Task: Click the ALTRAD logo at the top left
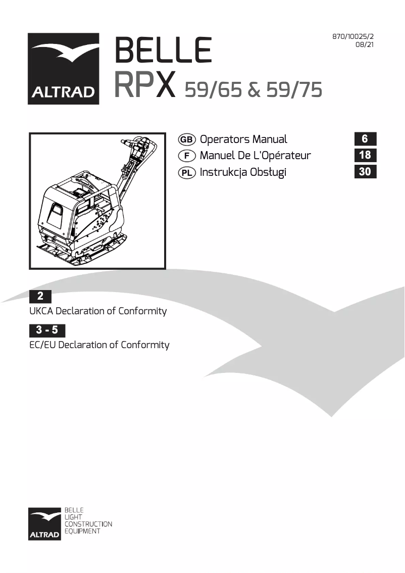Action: [63, 69]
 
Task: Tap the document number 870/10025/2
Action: [353, 37]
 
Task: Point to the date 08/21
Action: [365, 44]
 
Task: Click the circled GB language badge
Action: [187, 139]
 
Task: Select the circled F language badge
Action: [187, 156]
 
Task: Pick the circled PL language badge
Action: [187, 172]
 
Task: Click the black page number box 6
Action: [365, 139]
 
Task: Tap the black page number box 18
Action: [365, 155]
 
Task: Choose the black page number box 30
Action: [365, 172]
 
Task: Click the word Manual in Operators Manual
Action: [270, 139]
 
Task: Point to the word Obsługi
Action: [267, 172]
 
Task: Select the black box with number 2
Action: [40, 297]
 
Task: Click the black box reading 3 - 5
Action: [47, 330]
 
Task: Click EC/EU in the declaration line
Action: [42, 345]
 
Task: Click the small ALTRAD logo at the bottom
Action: [45, 523]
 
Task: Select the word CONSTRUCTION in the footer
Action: [88, 524]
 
